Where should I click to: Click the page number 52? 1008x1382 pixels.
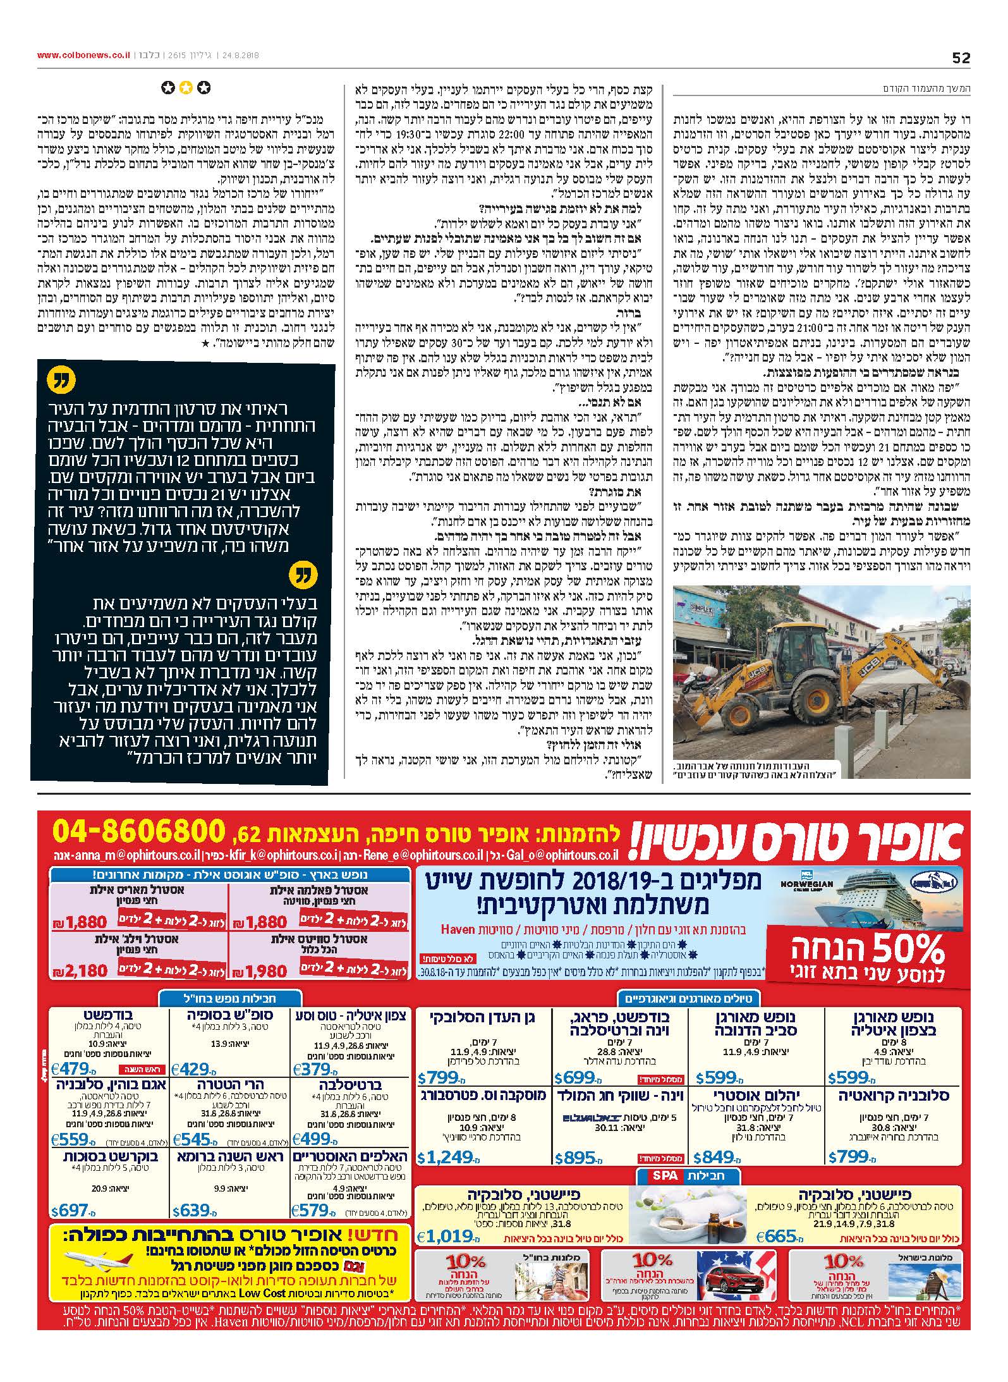[x=961, y=58]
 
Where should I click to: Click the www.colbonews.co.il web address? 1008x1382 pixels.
[x=83, y=55]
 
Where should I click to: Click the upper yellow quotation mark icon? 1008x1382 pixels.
[x=61, y=381]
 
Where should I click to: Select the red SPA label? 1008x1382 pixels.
[x=662, y=1175]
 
